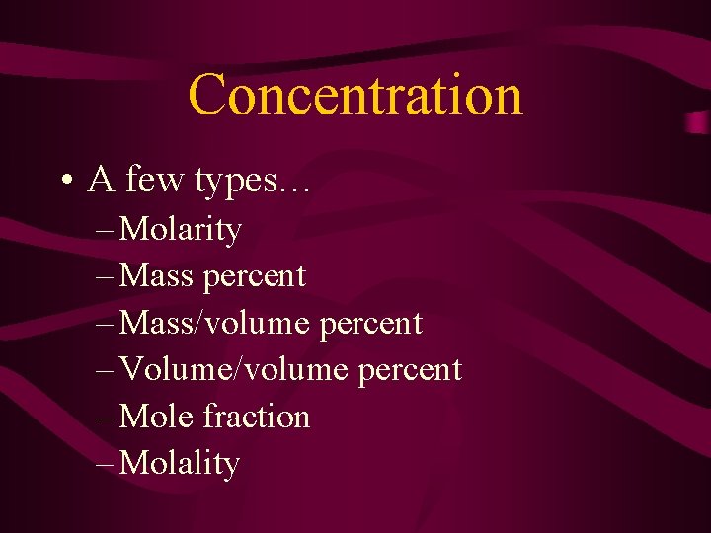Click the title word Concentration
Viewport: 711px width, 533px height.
tap(355, 96)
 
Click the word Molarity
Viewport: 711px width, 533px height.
tap(180, 230)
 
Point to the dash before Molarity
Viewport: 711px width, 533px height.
tap(106, 230)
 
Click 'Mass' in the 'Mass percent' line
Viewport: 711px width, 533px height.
tap(156, 276)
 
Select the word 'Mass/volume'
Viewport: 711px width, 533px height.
tap(213, 323)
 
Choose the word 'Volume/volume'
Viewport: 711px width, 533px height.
tap(233, 369)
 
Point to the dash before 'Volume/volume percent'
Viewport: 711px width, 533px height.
tap(106, 370)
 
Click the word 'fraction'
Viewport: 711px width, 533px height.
tap(256, 417)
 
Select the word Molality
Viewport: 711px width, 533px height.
tap(180, 464)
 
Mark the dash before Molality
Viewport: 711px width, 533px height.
tap(106, 464)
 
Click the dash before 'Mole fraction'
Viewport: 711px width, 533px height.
tap(106, 417)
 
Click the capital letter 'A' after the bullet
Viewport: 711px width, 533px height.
tap(99, 181)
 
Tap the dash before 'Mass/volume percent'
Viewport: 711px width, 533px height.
tap(106, 324)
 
